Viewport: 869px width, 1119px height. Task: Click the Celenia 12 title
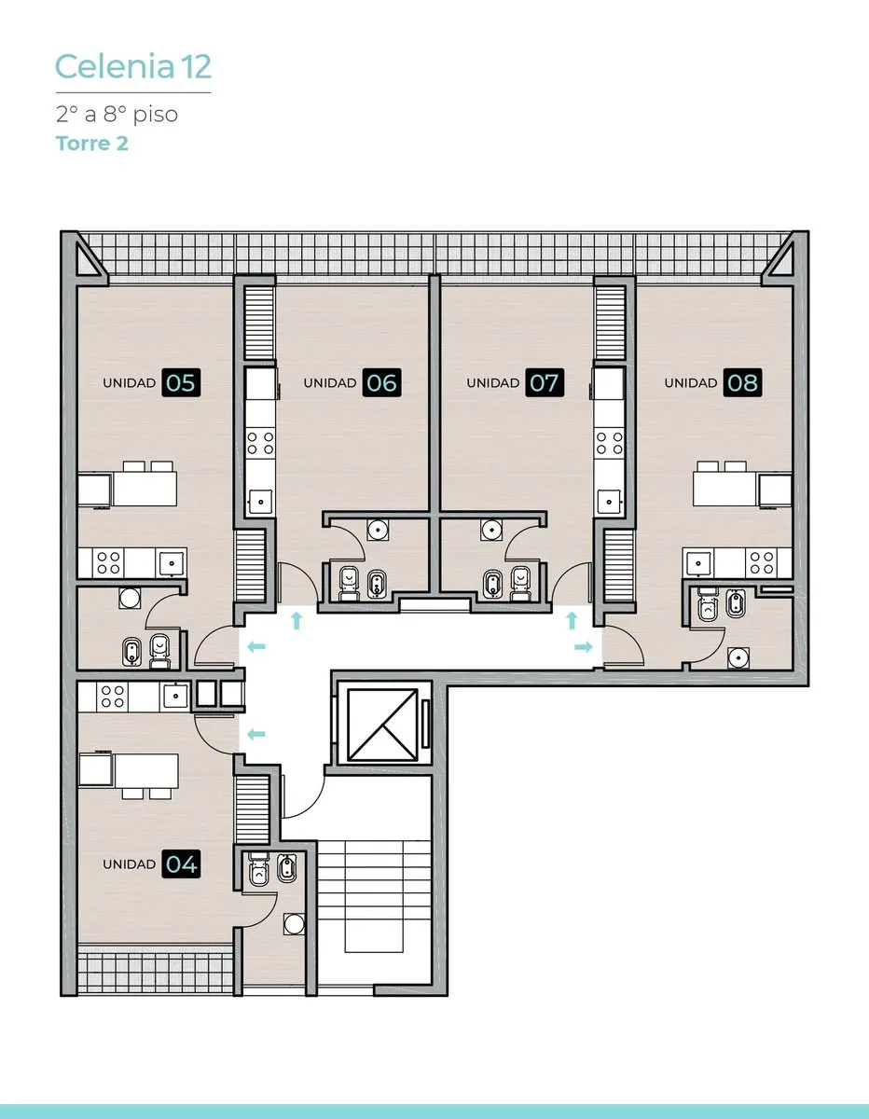[x=133, y=67]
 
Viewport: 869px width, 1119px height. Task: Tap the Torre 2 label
[x=92, y=144]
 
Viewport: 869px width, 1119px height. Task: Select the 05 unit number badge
[x=181, y=382]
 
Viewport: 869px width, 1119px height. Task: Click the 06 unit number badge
[x=382, y=382]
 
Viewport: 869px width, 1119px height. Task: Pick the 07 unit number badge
[x=545, y=382]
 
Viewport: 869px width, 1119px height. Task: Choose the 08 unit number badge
[x=742, y=382]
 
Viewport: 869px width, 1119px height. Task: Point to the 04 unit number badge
[x=181, y=863]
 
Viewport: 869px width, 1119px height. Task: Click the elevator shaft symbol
[x=382, y=725]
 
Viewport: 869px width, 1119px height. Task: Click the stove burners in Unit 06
[x=260, y=443]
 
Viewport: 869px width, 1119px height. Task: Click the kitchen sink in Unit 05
[x=172, y=563]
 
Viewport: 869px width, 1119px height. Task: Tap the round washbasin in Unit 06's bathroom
[x=379, y=530]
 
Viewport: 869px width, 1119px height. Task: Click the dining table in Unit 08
[x=724, y=490]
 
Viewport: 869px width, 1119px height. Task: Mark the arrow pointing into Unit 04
[x=256, y=734]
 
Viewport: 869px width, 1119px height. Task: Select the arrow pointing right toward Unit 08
[x=584, y=647]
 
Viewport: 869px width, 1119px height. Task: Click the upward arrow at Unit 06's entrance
[x=297, y=620]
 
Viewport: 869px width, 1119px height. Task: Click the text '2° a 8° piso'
[x=117, y=115]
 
